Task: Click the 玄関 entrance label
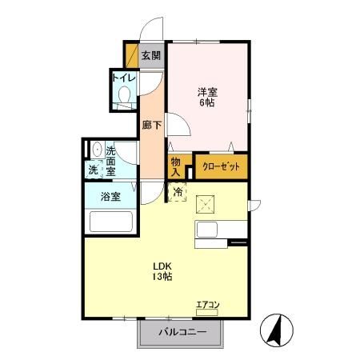[152, 56]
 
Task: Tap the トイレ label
[123, 78]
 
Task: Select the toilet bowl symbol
[124, 97]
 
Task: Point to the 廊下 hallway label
[152, 125]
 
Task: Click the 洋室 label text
[207, 90]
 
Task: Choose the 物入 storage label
[176, 166]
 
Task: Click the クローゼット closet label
[218, 166]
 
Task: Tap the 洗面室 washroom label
[110, 160]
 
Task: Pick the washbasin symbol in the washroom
[97, 150]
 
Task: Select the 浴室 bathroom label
[111, 197]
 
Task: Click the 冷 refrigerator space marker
[178, 192]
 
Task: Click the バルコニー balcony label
[182, 332]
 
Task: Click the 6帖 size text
[207, 102]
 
